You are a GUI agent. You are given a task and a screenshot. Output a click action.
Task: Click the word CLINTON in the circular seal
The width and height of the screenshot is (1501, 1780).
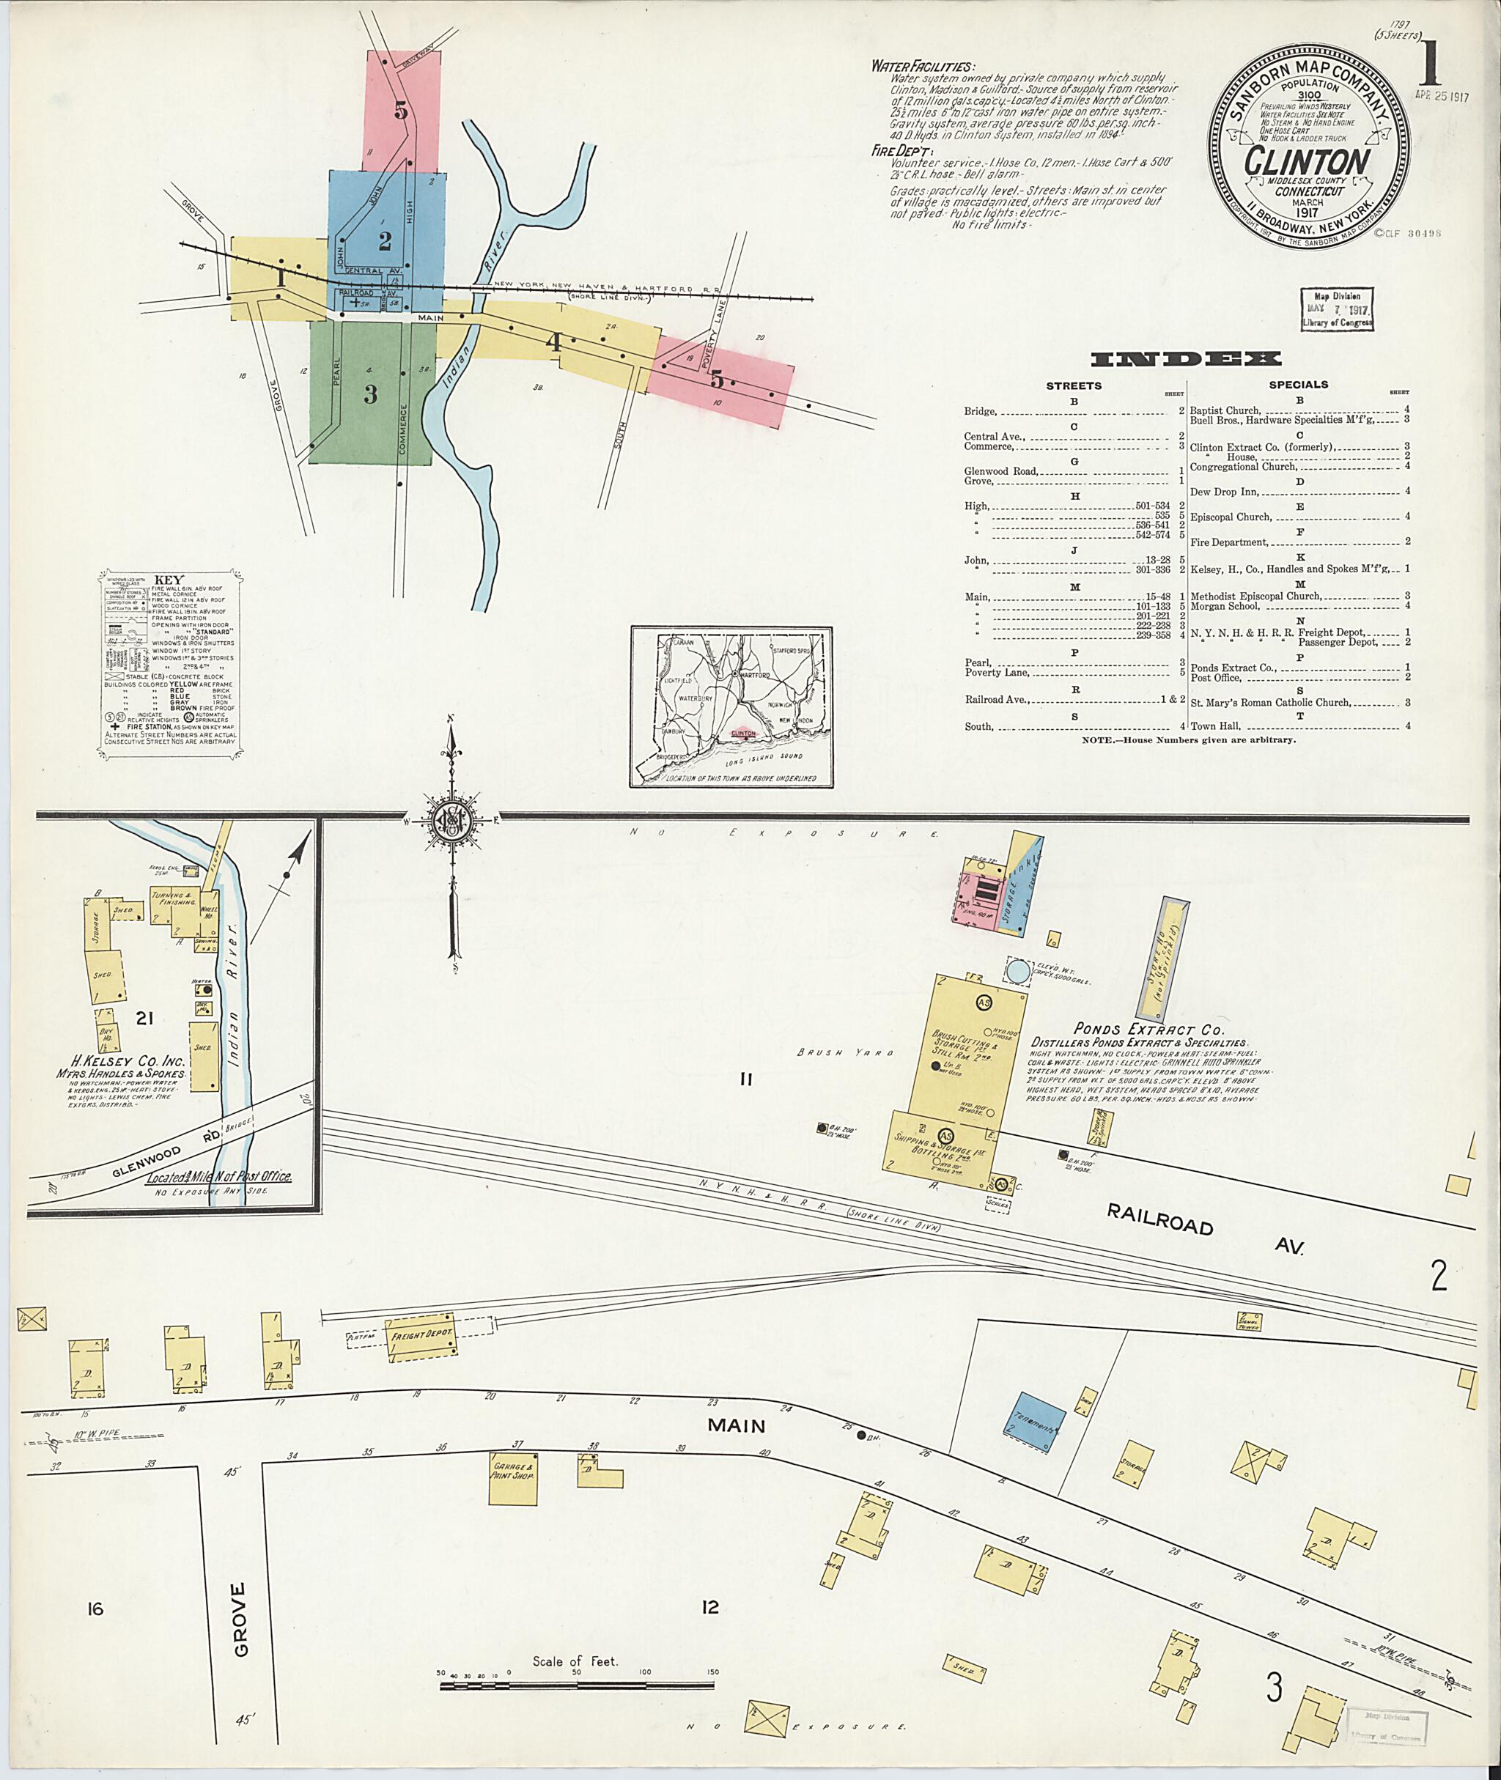pyautogui.click(x=1307, y=160)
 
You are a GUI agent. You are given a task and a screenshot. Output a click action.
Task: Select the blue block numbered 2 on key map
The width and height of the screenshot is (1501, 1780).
pyautogui.click(x=385, y=241)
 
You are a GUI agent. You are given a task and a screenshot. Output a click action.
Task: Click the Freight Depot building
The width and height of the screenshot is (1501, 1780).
pyautogui.click(x=421, y=1335)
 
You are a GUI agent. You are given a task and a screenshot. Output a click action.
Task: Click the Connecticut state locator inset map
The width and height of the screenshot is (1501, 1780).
pyautogui.click(x=731, y=706)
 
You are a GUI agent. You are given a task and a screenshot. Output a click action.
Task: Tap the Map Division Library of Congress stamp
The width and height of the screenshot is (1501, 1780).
pyautogui.click(x=1336, y=309)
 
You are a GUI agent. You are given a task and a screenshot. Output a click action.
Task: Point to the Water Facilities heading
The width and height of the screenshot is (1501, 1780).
pyautogui.click(x=923, y=67)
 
